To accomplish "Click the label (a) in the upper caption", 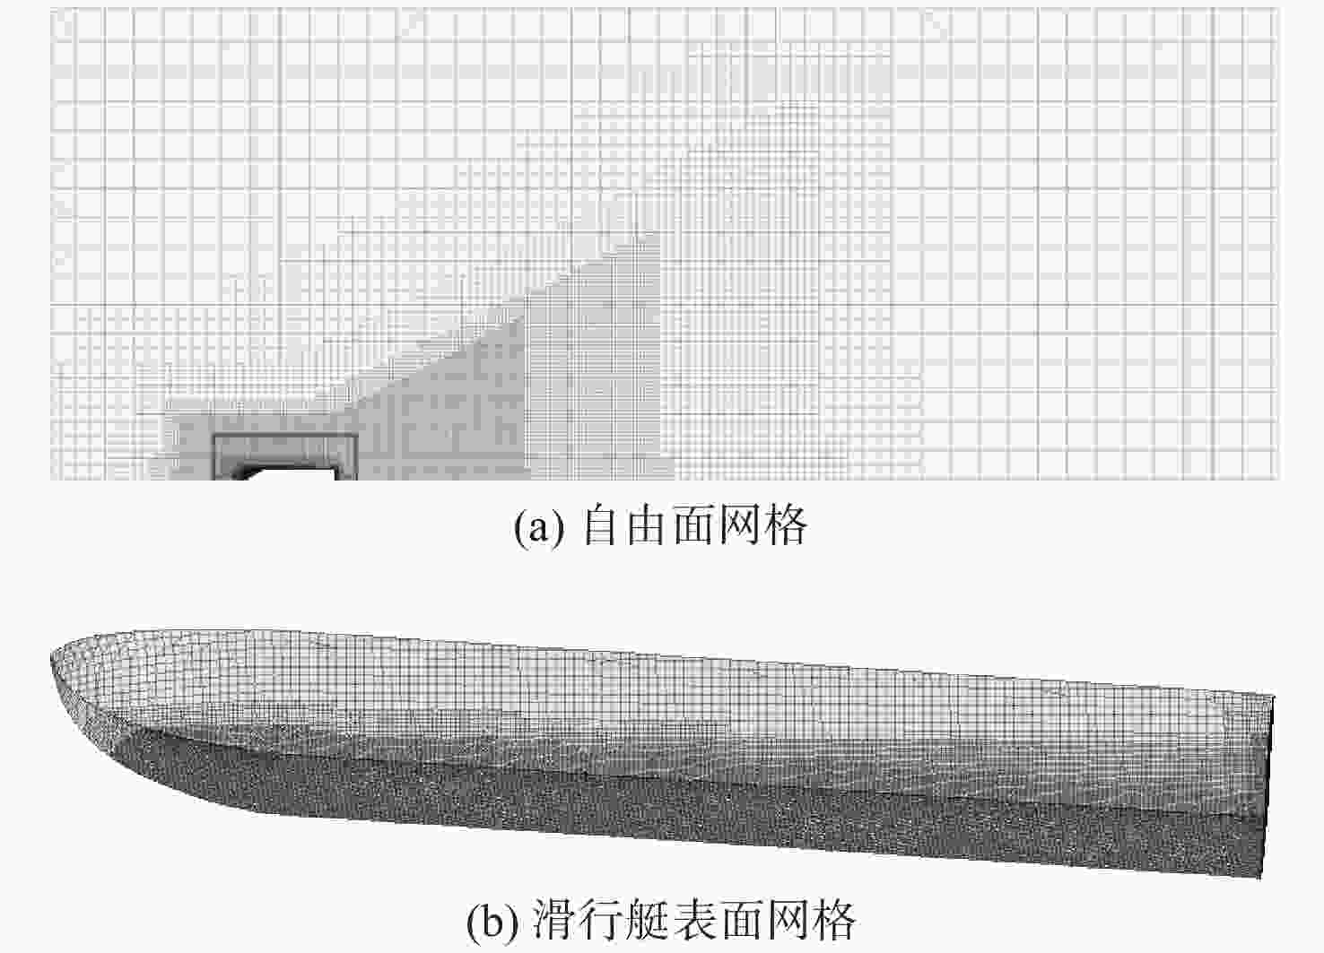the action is pyautogui.click(x=539, y=527).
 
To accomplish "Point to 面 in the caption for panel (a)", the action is pyautogui.click(x=694, y=525).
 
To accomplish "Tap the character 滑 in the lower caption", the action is pyautogui.click(x=555, y=919).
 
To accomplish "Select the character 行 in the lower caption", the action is pyautogui.click(x=602, y=919).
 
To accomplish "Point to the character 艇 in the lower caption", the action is pyautogui.click(x=649, y=919).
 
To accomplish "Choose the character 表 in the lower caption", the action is pyautogui.click(x=695, y=919).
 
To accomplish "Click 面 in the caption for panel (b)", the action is pyautogui.click(x=742, y=919).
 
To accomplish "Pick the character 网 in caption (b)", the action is pyautogui.click(x=788, y=919).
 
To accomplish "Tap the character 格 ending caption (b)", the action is pyautogui.click(x=833, y=919).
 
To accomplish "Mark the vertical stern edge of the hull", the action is pyautogui.click(x=1268, y=785).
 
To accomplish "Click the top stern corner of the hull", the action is pyautogui.click(x=1273, y=697).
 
